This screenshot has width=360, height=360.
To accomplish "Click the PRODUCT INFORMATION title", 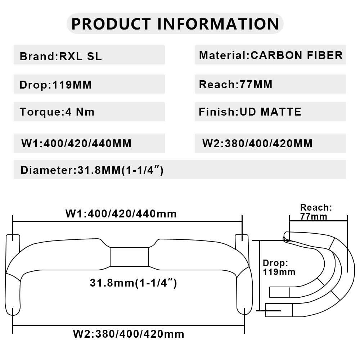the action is (x=175, y=24).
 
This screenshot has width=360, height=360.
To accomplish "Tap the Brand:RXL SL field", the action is (x=89, y=55).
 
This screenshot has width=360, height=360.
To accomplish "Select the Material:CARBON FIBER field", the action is (x=270, y=55).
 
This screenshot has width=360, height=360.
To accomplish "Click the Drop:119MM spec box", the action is (x=89, y=84).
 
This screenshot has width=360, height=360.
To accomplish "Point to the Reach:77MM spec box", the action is (x=270, y=84).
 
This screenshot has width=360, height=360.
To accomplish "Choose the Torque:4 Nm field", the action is (x=89, y=112).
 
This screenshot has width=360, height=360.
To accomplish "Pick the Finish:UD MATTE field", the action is (x=270, y=112).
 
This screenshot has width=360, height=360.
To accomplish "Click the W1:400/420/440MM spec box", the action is (x=89, y=143).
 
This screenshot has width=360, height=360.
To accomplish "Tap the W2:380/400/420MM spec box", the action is (x=270, y=143).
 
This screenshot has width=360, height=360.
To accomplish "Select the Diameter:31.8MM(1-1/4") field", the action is (x=180, y=170).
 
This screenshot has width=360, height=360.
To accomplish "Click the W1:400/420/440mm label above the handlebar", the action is (x=121, y=214).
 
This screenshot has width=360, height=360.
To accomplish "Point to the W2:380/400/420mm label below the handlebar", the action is (x=129, y=334).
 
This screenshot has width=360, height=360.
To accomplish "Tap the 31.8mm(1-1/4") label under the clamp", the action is (x=134, y=283).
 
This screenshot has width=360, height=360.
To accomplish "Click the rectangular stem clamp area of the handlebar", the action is (x=130, y=257).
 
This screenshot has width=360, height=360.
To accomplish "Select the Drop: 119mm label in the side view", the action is (x=279, y=267).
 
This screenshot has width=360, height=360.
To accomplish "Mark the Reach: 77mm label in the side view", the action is (x=316, y=212).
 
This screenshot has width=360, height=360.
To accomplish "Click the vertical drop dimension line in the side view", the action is (x=260, y=275).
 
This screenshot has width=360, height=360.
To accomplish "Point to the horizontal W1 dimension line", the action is (x=127, y=221).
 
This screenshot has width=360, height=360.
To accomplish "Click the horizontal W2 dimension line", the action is (x=128, y=325).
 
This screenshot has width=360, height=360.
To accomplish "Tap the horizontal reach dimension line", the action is (x=319, y=221).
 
